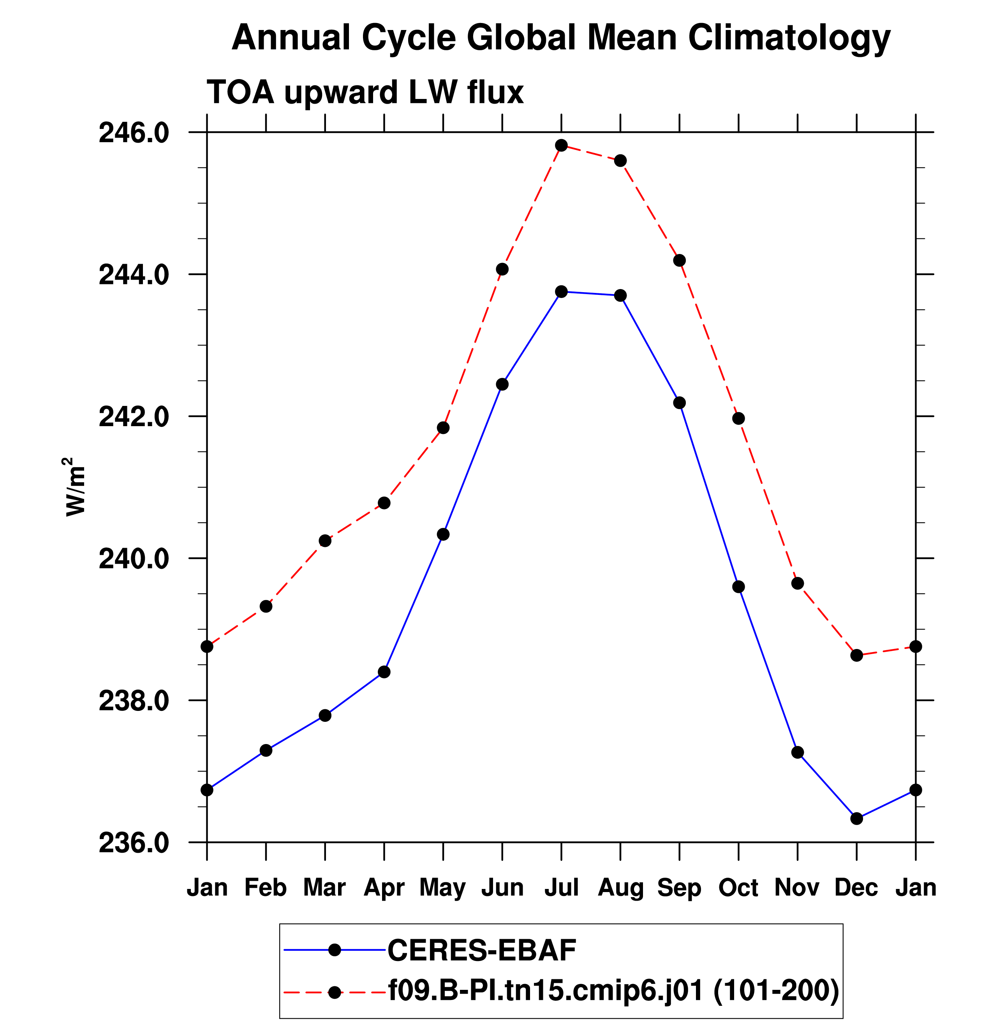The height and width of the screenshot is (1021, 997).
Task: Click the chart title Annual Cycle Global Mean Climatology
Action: (561, 38)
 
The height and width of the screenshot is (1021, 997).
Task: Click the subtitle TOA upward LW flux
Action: (365, 92)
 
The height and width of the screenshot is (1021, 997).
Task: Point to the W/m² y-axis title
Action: (74, 487)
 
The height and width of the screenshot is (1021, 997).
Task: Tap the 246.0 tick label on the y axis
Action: (134, 133)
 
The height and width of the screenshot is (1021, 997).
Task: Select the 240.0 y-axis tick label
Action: (134, 559)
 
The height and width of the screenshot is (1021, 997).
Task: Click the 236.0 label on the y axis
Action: (134, 843)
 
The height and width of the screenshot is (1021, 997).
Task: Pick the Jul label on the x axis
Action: (561, 887)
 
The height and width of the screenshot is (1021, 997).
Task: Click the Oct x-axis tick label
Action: (738, 887)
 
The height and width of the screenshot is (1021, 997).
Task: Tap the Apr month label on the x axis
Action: (384, 887)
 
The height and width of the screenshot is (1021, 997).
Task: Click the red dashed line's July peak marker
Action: (561, 146)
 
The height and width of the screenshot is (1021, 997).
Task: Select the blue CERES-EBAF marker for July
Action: (561, 291)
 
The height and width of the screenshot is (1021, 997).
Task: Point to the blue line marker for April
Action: (384, 672)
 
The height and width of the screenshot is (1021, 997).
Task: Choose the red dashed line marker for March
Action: (325, 541)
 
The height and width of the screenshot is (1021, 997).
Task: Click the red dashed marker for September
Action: (680, 260)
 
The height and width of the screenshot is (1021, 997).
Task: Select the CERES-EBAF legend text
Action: (482, 950)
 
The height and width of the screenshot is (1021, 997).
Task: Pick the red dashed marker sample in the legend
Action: (335, 992)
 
